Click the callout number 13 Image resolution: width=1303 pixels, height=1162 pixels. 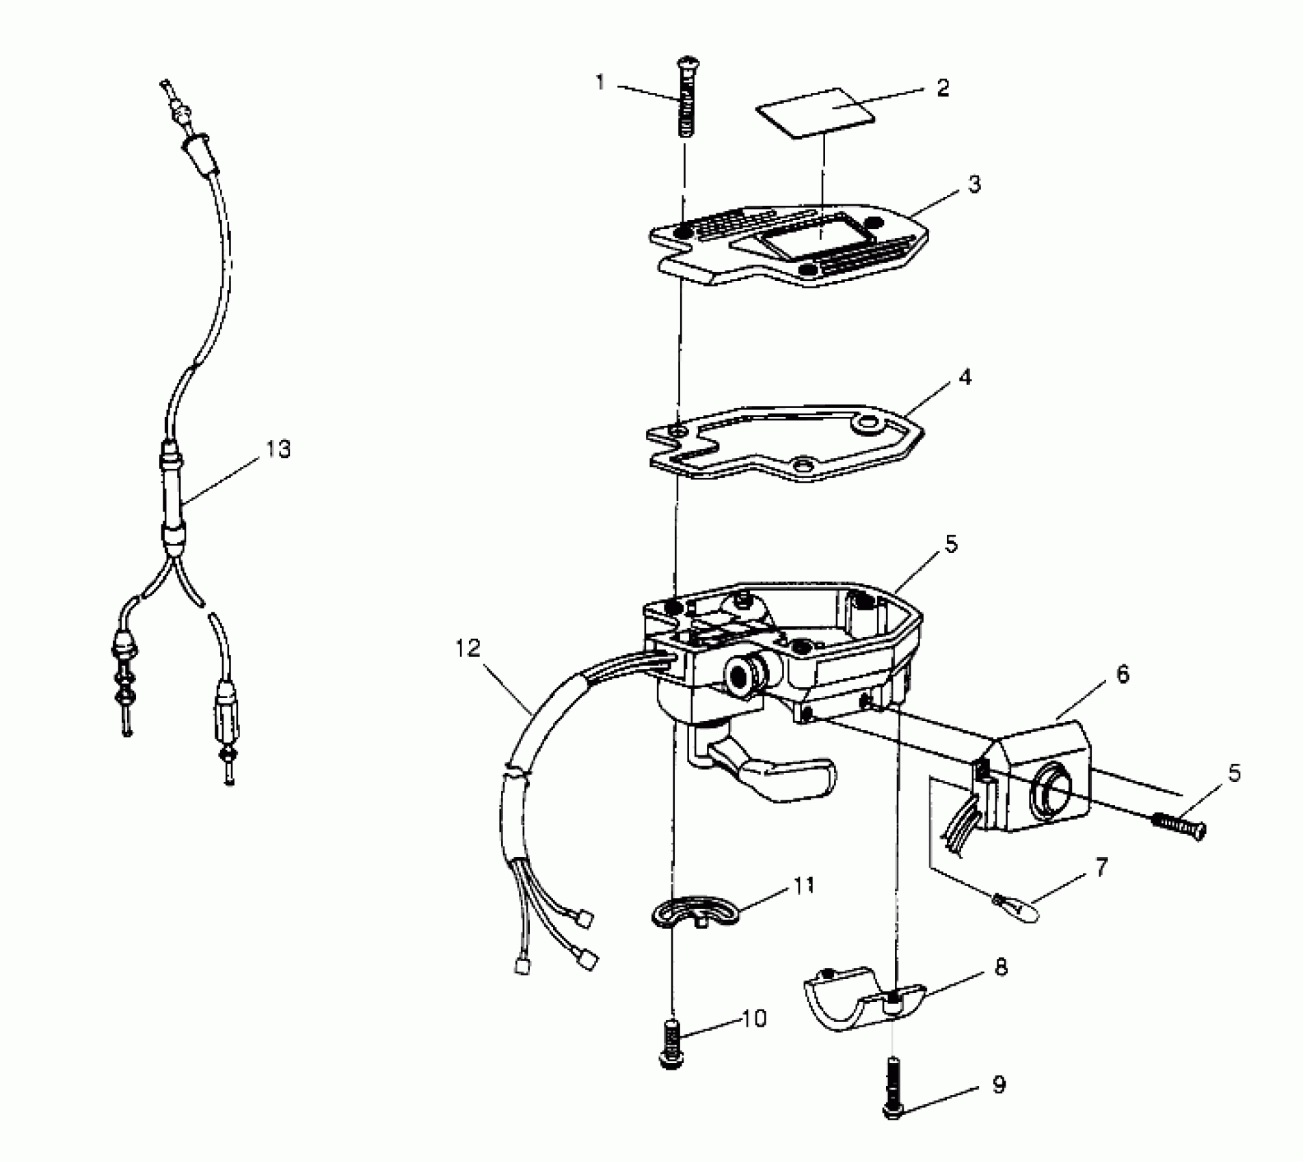(278, 449)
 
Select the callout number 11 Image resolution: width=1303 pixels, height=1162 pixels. (804, 885)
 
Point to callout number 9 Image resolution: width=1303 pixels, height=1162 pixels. (999, 1085)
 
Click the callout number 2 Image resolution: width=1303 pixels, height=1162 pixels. (943, 88)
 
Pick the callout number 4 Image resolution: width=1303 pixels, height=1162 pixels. (965, 377)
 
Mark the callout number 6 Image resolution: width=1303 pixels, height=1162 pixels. (1123, 675)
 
